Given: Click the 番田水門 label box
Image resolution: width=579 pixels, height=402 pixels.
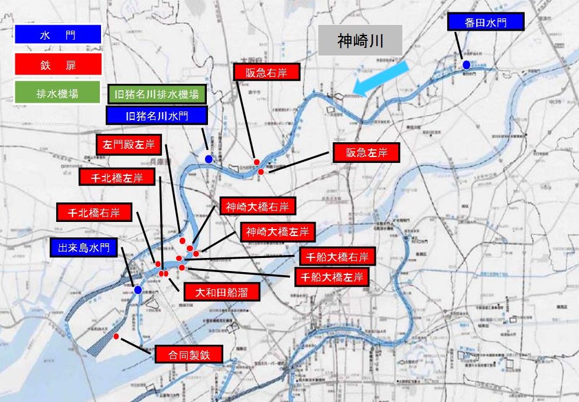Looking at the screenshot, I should point(485,22).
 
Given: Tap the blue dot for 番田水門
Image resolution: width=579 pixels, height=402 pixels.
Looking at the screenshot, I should point(466,65).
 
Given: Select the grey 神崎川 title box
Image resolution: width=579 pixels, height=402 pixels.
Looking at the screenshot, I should point(360,41).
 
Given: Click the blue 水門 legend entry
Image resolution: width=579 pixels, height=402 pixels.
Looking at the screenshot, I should point(57,35).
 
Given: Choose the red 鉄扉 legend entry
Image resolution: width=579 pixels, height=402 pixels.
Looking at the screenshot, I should point(57,64).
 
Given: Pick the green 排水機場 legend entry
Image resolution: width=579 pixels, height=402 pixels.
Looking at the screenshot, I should point(57,93).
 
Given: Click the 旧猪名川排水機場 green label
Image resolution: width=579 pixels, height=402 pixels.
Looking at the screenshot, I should point(157,94).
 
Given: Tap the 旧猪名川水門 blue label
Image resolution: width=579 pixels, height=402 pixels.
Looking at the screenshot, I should point(157,115).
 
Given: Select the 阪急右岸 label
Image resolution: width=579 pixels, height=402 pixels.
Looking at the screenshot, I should point(266,72).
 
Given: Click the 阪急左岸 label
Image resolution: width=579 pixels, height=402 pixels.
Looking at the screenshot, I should point(365,152).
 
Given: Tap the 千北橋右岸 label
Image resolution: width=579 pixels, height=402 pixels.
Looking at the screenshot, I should point(95,213).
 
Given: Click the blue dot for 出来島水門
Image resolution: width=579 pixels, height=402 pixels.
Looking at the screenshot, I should point(138,290).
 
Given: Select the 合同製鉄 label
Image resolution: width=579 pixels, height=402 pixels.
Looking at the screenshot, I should point(188,355).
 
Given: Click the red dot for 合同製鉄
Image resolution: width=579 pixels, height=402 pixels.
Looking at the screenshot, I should point(116,336).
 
